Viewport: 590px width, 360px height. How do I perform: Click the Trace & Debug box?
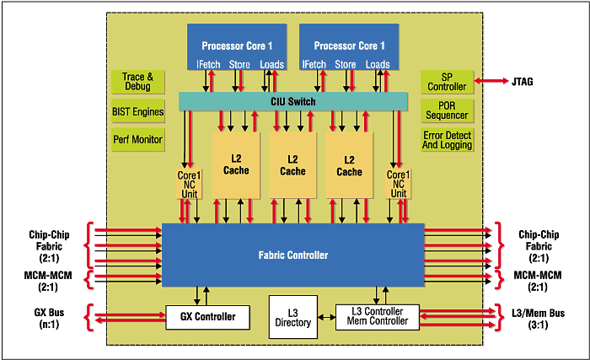pos(137,82)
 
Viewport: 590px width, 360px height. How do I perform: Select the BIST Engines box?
pos(137,110)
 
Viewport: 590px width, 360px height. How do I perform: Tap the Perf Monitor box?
pos(137,139)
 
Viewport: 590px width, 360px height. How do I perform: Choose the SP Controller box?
pos(447,82)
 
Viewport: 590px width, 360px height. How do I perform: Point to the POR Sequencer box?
pos(447,110)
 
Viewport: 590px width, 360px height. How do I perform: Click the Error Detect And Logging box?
pos(447,140)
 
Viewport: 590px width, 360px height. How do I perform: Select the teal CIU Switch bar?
pos(293,102)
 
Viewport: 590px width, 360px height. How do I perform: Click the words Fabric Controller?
pos(292,255)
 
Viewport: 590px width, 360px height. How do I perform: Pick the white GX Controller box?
pos(207,317)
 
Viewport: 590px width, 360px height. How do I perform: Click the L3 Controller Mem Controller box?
pos(376,316)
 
